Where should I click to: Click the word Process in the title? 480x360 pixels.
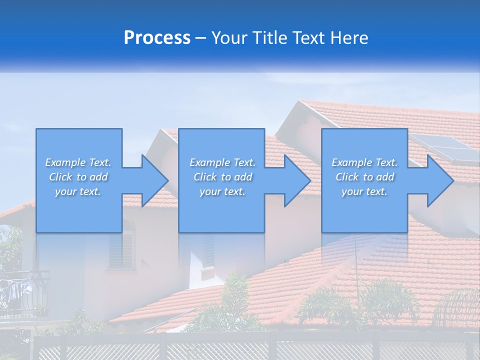coord(157,38)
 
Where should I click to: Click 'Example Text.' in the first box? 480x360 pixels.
coord(78,162)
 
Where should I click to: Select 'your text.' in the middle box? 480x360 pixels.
coord(222,191)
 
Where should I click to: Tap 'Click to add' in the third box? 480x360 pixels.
coord(364,177)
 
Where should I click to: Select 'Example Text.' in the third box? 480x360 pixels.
coord(364,162)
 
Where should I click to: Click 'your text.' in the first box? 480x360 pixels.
coord(78,191)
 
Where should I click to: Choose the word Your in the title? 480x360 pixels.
coord(230,38)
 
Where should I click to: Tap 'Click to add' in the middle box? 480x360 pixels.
coord(222,177)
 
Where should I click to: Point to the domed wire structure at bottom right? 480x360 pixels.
coord(457,307)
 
